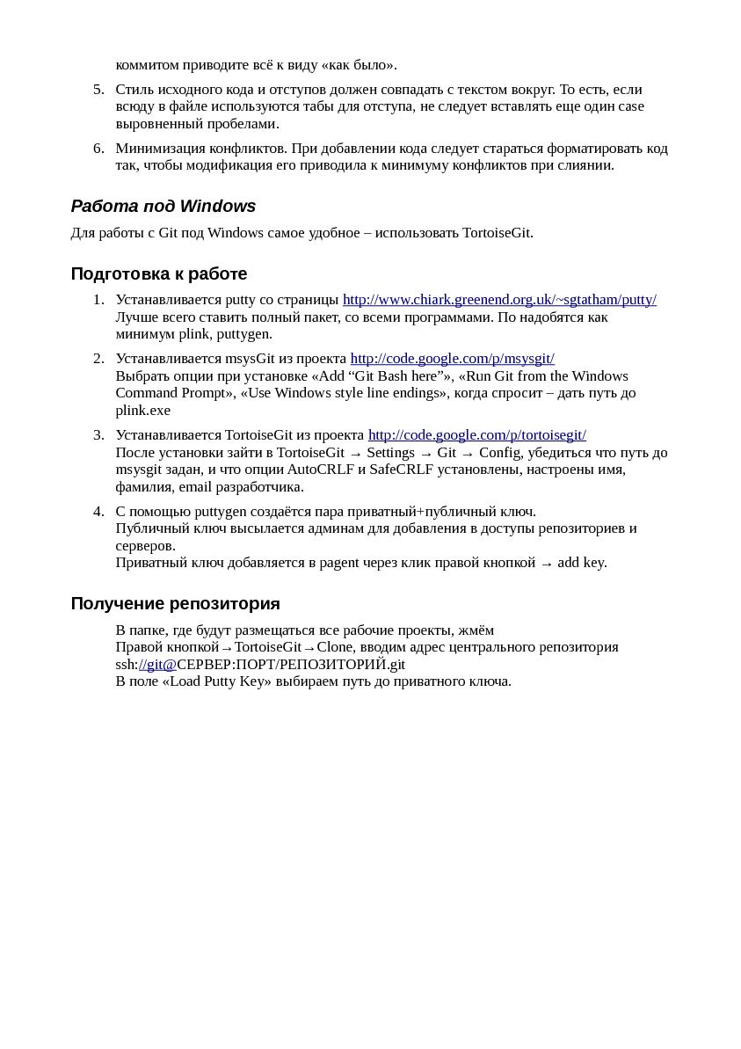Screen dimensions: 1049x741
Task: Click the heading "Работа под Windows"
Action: tap(163, 207)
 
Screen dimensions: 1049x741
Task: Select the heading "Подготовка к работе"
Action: tap(158, 273)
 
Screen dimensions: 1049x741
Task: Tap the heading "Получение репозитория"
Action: tap(175, 604)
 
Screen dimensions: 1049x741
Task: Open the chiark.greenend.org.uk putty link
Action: tap(499, 300)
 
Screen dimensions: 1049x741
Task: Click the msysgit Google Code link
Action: tap(452, 359)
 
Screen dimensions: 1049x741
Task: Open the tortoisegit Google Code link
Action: tap(476, 435)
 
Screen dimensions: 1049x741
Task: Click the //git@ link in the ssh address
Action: tap(157, 665)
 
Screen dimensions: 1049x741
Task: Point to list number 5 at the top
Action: tap(98, 90)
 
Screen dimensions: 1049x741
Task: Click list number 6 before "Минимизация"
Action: tap(98, 149)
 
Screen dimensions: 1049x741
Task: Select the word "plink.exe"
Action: tap(143, 411)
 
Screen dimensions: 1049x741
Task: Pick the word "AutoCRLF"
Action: tap(320, 470)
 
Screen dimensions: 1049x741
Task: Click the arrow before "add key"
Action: tap(546, 564)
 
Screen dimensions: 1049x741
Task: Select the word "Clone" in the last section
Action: tap(335, 647)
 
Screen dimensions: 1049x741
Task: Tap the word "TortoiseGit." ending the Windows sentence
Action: tap(498, 233)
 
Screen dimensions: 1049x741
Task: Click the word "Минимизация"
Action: tap(157, 149)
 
